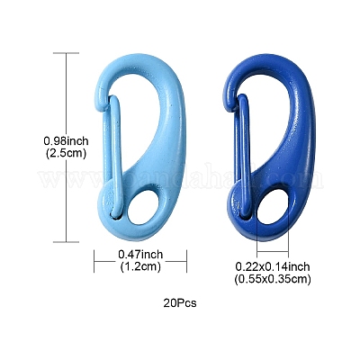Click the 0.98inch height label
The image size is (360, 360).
67,140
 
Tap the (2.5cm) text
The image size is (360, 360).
67,153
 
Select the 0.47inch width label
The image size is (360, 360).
140,255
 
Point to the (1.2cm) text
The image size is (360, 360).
140,266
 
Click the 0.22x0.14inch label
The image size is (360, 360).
273,266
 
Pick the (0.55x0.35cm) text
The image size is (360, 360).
273,279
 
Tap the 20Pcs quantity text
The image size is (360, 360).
180,303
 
